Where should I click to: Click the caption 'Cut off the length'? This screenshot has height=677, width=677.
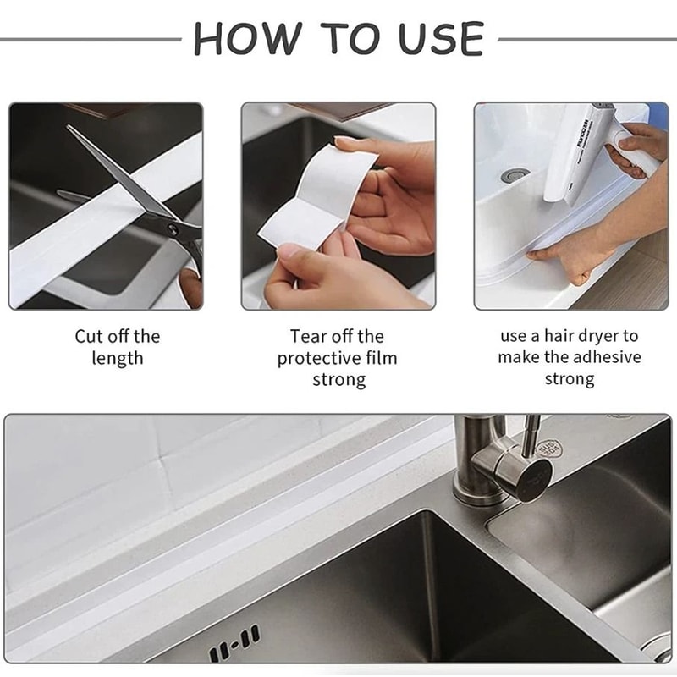pos(118,347)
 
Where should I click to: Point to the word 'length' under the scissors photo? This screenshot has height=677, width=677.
pos(118,358)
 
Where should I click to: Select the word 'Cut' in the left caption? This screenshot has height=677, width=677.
pos(89,336)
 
